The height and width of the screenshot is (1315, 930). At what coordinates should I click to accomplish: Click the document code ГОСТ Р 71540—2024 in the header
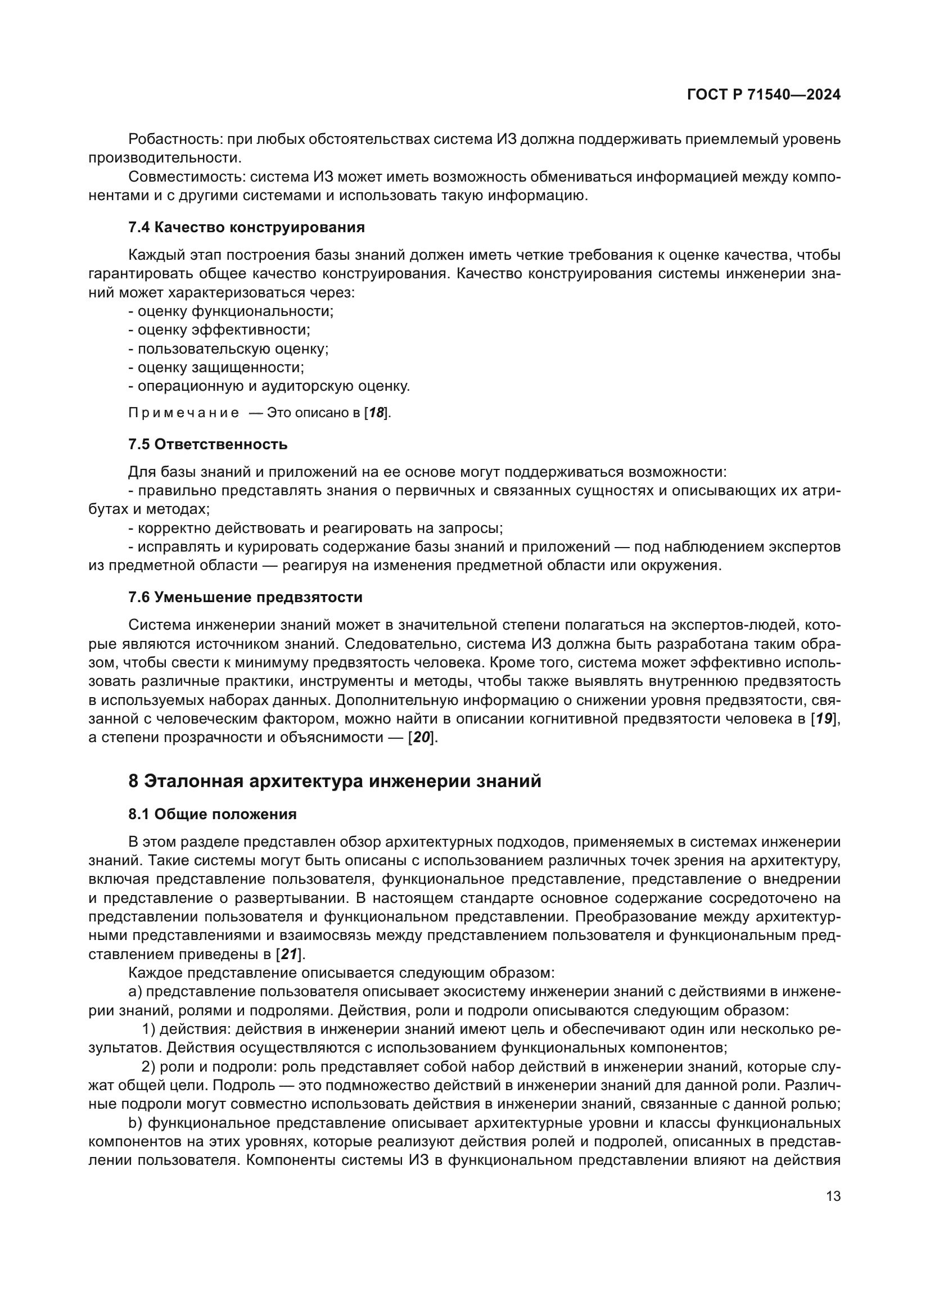coord(764,94)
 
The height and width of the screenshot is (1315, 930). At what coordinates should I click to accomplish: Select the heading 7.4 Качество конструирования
coord(246,227)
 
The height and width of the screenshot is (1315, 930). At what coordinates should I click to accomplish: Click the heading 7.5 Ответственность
coord(208,445)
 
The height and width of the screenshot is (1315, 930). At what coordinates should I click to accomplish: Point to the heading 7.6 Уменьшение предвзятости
coord(245,598)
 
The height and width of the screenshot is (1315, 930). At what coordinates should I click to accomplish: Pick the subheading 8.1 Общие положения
coord(213,815)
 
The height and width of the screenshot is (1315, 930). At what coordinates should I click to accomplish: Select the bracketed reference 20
coord(422,738)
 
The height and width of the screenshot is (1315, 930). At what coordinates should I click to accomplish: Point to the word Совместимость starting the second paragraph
coord(187,177)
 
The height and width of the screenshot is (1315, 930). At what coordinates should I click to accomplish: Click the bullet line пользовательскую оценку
coord(229,349)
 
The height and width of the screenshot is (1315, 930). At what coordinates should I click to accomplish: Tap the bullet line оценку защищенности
coord(216,368)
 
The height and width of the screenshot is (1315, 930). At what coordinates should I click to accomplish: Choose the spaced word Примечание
coord(184,413)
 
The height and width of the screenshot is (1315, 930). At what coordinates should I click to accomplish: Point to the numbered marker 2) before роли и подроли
coord(149,1067)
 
